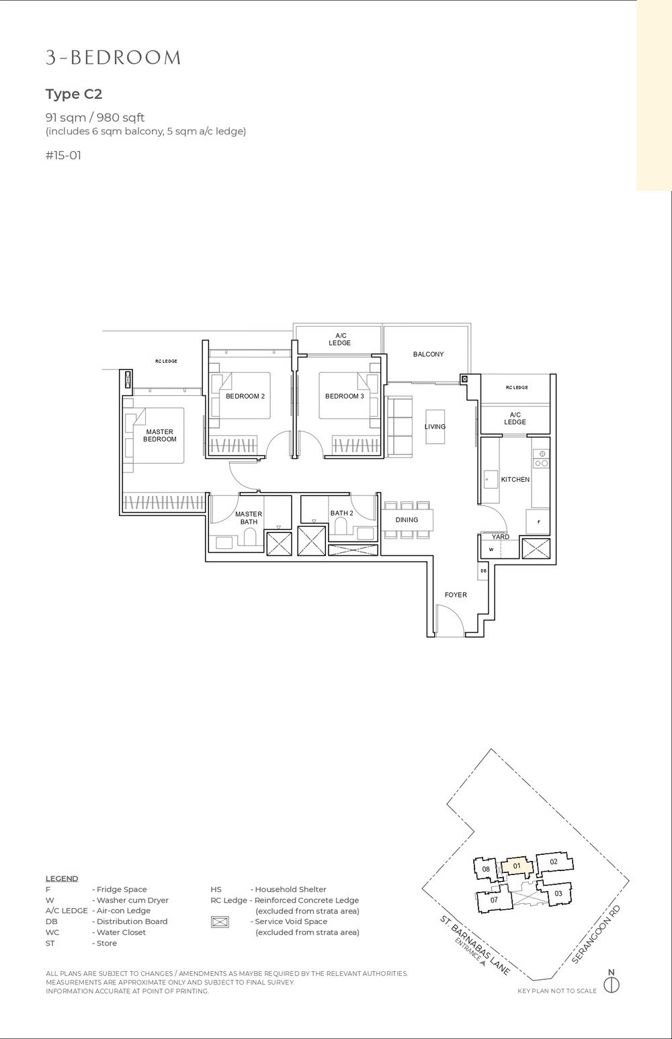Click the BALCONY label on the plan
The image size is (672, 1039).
point(428,354)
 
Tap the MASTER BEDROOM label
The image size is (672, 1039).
point(159,435)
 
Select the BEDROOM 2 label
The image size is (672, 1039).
point(245,397)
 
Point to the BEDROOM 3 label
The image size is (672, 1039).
point(344,397)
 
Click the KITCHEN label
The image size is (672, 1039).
point(515,480)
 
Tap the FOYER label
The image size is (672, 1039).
point(456,595)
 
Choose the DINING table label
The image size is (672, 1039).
point(407,519)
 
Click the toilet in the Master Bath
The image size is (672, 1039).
point(251,537)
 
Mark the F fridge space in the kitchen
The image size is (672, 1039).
point(538,522)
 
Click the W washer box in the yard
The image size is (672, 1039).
point(491,550)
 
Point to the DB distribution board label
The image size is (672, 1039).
point(483,571)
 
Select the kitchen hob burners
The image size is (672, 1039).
point(540,458)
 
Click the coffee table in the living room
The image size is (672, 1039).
point(435,426)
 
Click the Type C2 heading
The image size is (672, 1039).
point(73,93)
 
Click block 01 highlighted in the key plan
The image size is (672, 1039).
point(516,866)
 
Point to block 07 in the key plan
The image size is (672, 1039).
point(493,899)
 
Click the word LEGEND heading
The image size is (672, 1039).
point(62,878)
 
